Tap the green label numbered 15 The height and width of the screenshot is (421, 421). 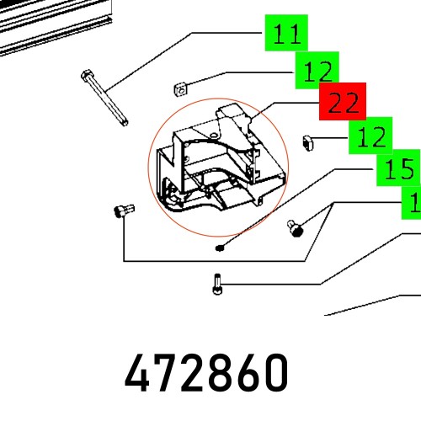[397, 170]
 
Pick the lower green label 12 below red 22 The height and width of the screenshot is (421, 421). [371, 136]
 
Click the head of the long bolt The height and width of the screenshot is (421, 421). [88, 77]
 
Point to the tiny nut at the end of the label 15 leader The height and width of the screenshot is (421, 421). [219, 248]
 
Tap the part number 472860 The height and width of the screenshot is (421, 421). [206, 371]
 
